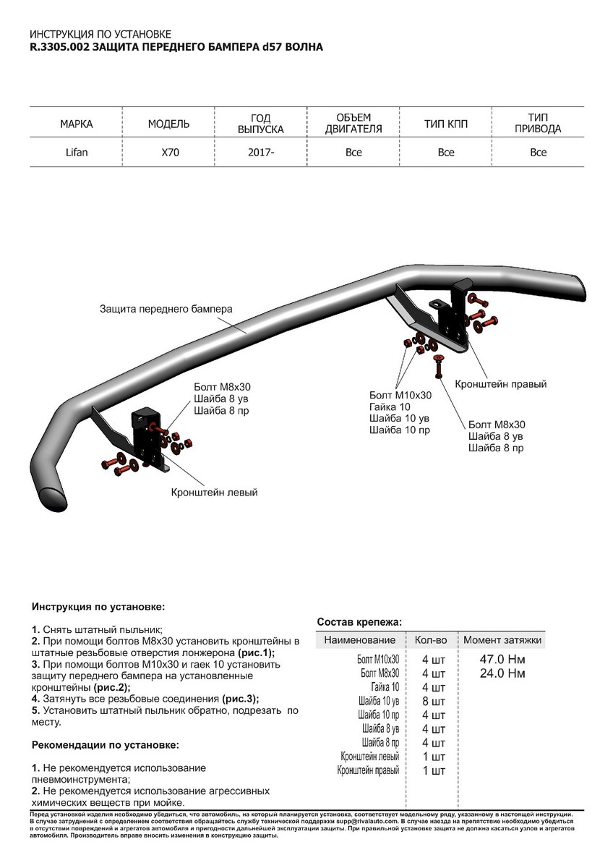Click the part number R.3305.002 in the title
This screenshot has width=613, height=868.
pos(61,46)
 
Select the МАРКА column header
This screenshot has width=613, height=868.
pos(76,124)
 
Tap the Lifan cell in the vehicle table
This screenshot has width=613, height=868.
pos(76,153)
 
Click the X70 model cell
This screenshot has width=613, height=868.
pos(168,153)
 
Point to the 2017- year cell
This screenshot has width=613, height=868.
pos(261,153)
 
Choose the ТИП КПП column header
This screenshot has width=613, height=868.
pos(446,124)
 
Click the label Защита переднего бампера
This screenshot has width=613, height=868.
pos(166,308)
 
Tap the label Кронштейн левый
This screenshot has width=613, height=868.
pos(214,492)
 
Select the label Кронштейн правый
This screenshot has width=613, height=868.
pos(500,384)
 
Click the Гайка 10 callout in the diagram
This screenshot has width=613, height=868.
pos(389,407)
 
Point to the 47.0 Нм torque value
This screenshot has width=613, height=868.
pos(502,660)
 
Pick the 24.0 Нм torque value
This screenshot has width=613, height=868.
pos(502,673)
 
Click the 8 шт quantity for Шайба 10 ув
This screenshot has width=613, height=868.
pos(434,701)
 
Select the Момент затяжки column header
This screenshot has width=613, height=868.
pos(502,640)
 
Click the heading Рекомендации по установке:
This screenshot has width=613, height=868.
pos(105,744)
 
